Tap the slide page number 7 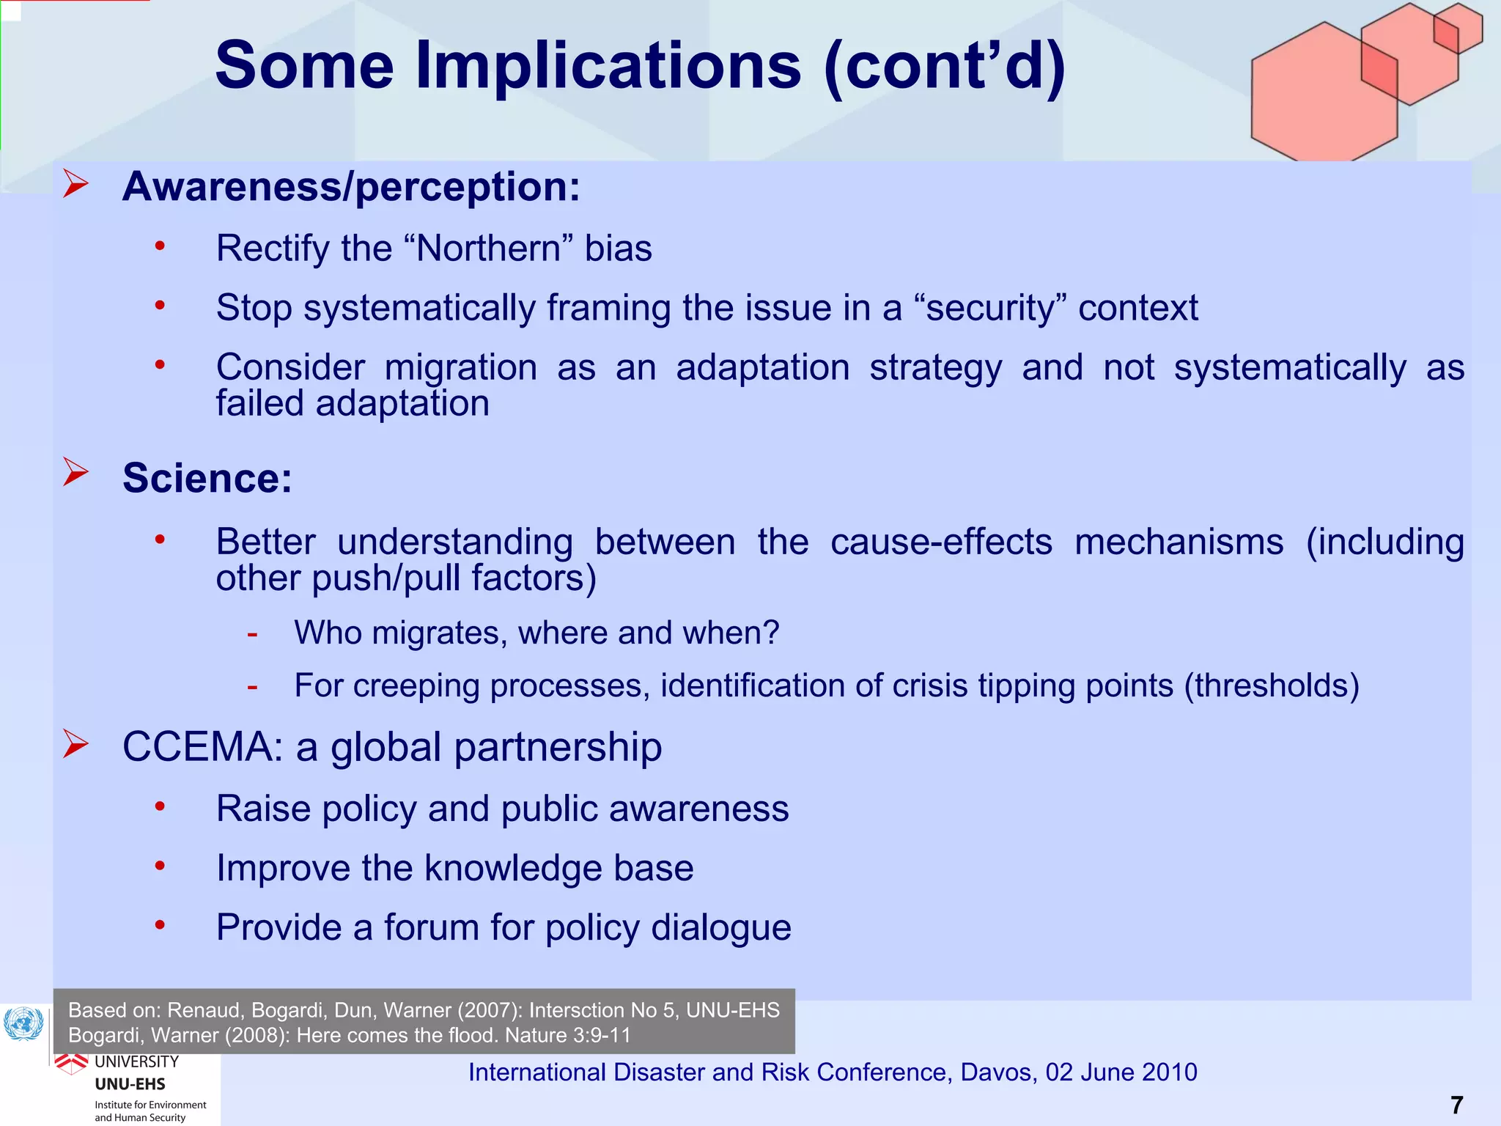point(1456,1105)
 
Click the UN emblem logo point(23,1024)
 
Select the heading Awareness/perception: point(351,186)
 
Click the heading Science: point(207,478)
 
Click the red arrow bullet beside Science point(75,472)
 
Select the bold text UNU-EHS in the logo point(130,1084)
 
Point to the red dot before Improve point(160,866)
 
